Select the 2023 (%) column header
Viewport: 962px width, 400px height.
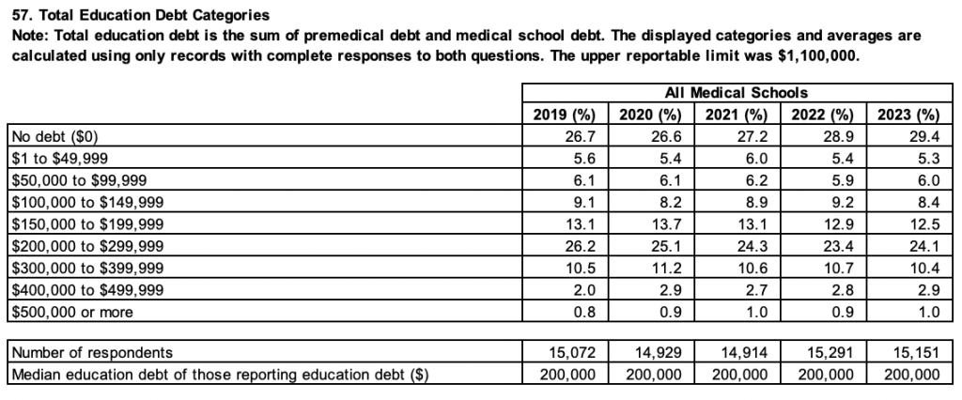[x=908, y=115]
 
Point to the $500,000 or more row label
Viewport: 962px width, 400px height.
[x=70, y=312]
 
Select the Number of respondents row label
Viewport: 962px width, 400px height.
[x=91, y=353]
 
